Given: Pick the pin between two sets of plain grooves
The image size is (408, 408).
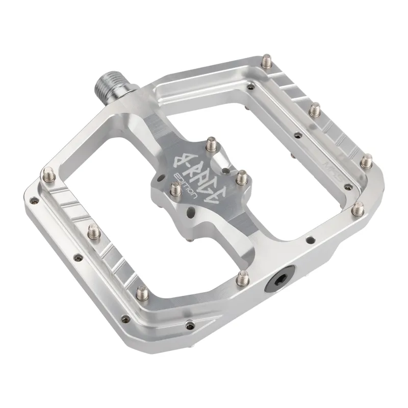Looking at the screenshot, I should pyautogui.click(x=315, y=109).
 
